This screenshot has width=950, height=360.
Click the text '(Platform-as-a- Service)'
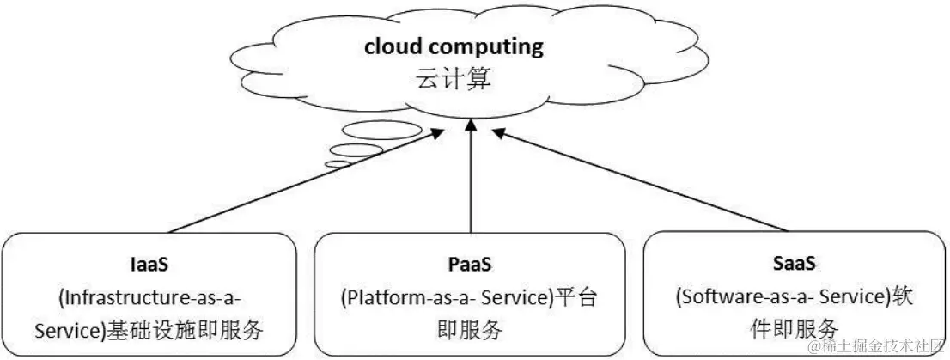tap(443, 297)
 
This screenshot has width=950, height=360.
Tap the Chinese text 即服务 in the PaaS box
tap(470, 329)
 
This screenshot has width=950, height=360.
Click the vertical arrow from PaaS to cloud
tap(470, 176)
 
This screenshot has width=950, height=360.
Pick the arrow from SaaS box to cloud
tap(644, 180)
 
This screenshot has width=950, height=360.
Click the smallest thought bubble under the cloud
tap(338, 163)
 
